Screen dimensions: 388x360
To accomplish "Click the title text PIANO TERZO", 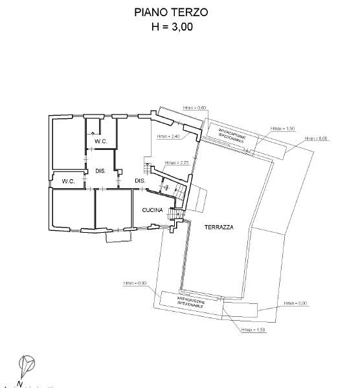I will coord(172,12).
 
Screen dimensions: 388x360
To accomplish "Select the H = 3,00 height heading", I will coord(172,27).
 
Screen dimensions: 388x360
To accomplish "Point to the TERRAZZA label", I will coord(218,227).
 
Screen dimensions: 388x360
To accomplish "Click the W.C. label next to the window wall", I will coord(69,182).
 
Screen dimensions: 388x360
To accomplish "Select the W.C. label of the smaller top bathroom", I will coord(100,142).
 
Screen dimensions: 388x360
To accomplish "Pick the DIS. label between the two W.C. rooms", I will coord(100,171).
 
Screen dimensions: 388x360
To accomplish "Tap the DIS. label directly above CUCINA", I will coord(139,180).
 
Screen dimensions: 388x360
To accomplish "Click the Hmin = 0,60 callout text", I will coord(194,107).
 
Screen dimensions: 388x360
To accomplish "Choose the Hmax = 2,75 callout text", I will coord(176,162).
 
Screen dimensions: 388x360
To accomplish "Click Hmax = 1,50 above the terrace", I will coord(283,129).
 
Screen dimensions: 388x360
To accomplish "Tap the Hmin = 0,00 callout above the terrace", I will coord(317,138).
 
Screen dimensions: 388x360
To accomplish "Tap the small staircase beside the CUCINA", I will coord(173,214).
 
